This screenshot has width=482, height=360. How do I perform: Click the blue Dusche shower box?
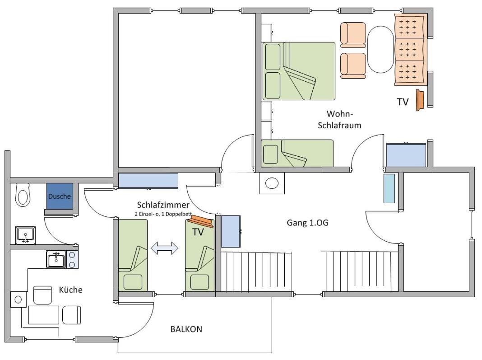point(60,196)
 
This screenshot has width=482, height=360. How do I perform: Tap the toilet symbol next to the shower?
point(23,195)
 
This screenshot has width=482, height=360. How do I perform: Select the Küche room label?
point(71,290)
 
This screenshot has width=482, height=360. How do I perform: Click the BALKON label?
point(186,329)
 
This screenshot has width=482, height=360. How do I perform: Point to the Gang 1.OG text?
point(307,223)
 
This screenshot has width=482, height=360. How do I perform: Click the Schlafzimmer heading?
point(163,205)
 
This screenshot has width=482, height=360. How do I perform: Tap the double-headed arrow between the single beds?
point(164,248)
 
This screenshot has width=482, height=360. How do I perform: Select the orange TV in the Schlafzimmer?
point(201,221)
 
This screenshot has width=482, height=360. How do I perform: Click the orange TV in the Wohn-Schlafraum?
point(420,100)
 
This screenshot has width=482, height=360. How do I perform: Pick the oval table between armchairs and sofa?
point(381,50)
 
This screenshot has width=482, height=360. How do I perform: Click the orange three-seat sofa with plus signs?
point(410,50)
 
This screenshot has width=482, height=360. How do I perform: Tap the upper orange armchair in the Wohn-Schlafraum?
point(353,35)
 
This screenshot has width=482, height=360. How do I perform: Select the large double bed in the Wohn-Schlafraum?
point(299,71)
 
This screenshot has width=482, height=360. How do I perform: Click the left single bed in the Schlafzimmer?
point(133,255)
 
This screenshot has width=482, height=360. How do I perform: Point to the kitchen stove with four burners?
point(72,259)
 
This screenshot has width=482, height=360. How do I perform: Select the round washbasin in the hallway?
point(272,183)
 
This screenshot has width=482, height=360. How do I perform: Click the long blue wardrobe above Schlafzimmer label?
point(148,181)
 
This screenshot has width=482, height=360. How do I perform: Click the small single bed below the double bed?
point(297,153)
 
